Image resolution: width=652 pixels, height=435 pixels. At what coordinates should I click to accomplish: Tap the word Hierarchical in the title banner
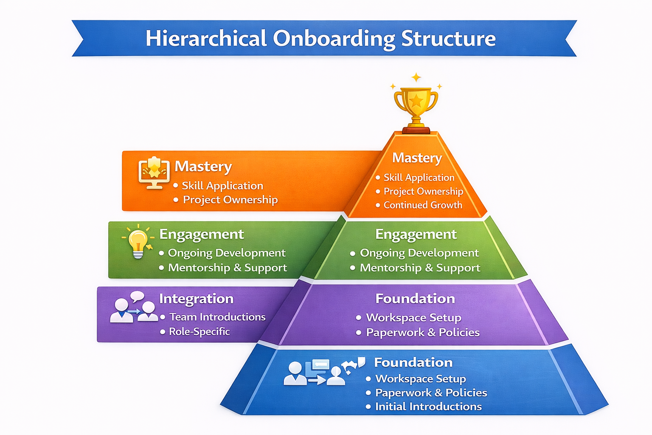206,39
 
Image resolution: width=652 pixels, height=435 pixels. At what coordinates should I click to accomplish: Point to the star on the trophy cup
416,101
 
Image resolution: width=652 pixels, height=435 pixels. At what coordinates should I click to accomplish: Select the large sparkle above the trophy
416,77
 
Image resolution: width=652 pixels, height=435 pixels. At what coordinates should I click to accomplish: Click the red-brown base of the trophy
416,130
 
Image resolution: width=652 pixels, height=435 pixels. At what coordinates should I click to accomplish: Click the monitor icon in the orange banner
154,172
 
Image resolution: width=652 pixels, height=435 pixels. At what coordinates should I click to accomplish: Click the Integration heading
196,299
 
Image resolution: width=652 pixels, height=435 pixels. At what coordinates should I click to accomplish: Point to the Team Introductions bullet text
217,317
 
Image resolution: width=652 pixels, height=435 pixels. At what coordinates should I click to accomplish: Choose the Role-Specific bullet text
199,331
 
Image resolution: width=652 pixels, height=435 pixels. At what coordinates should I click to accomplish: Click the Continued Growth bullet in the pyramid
423,205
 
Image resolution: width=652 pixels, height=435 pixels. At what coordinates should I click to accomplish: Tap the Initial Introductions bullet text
428,407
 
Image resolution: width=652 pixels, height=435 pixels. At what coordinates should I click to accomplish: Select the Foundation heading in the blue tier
413,362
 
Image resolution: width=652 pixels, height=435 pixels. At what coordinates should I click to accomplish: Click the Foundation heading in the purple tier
415,299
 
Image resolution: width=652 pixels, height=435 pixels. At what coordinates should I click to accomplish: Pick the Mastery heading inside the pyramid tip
417,158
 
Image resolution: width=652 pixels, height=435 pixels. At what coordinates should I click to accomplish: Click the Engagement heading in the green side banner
201,234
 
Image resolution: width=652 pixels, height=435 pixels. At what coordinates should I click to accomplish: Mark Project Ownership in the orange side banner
230,200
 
